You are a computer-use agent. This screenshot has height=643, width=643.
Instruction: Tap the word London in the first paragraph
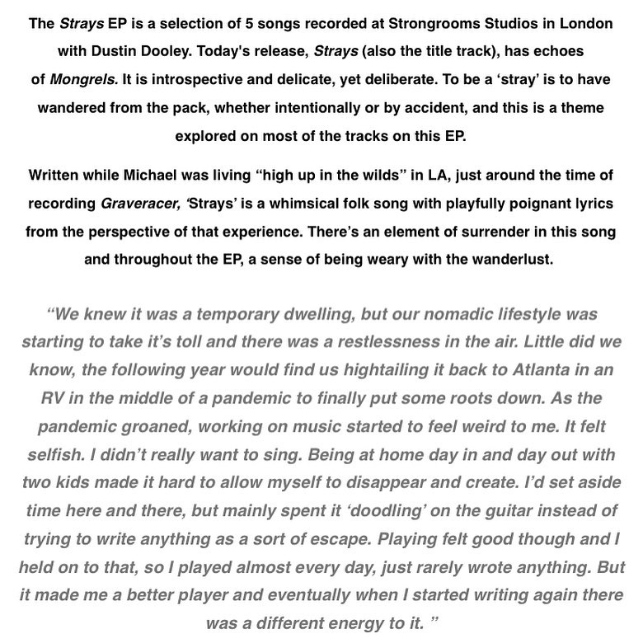tap(589, 23)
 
